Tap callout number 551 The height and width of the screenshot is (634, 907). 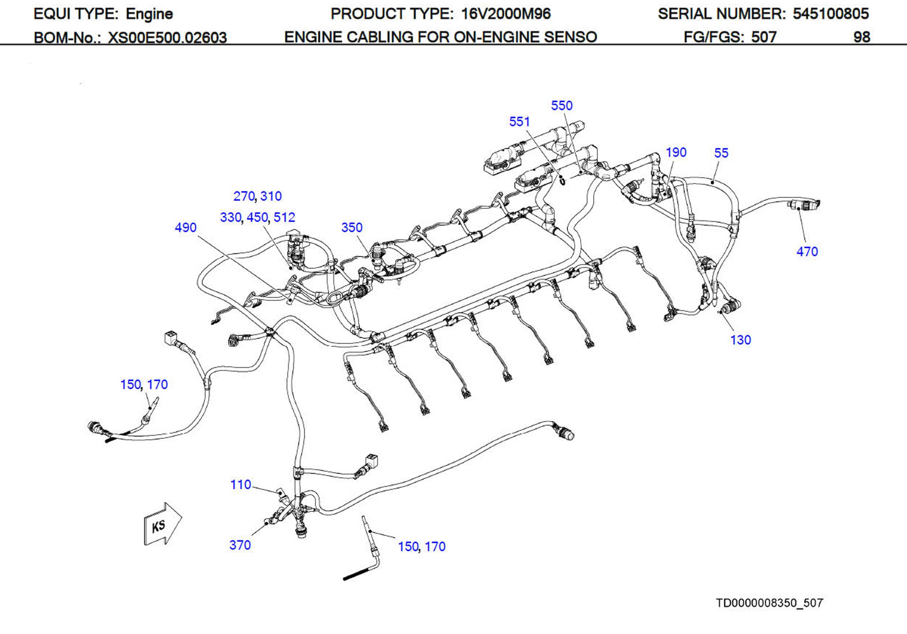(519, 122)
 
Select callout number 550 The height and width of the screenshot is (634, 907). (561, 105)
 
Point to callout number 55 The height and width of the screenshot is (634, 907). (721, 153)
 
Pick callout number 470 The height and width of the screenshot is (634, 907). (807, 252)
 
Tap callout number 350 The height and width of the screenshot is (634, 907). (352, 227)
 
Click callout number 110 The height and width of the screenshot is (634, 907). (241, 485)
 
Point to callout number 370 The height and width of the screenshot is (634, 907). (240, 545)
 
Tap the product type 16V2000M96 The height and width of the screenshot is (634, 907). (506, 14)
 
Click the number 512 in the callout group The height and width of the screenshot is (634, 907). (284, 217)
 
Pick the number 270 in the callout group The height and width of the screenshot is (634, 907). (244, 196)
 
